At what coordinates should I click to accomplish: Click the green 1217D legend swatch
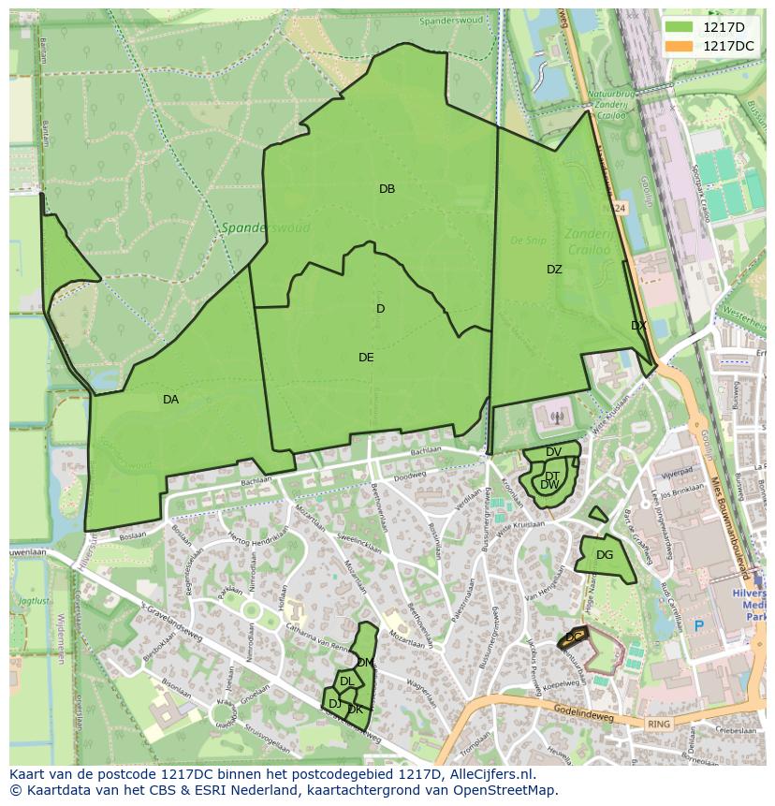tap(680, 27)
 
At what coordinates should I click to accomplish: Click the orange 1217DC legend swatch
tap(680, 46)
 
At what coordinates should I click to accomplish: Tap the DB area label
tap(387, 189)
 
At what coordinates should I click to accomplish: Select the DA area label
tap(170, 400)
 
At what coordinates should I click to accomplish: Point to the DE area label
tap(366, 358)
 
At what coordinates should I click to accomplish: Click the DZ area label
tap(554, 270)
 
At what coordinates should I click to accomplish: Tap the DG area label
tap(605, 555)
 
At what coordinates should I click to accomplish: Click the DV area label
tap(553, 452)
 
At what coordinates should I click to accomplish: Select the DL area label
tap(346, 681)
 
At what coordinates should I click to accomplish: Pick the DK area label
tap(355, 710)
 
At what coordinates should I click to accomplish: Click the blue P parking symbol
tap(697, 625)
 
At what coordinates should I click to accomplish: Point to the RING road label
tap(659, 724)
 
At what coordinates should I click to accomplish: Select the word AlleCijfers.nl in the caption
tap(492, 774)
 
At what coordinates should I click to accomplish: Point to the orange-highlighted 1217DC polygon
tap(573, 638)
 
